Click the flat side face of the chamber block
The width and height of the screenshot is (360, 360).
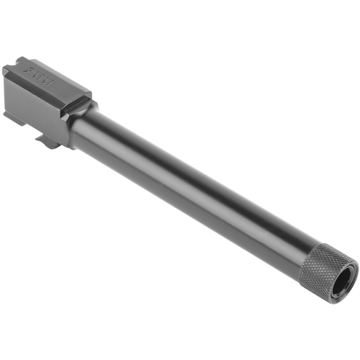coord(32,104)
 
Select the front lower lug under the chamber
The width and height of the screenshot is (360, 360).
coord(50,142)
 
